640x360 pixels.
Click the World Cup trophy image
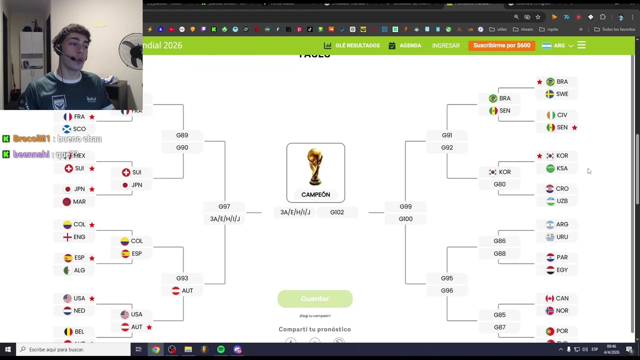pos(315,167)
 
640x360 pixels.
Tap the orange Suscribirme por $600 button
pos(501,45)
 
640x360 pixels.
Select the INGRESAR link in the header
pos(445,45)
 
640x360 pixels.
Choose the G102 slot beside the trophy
pos(337,212)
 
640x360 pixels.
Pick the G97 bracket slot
pos(224,206)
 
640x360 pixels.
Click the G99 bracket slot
pos(405,206)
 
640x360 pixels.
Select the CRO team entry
pos(557,188)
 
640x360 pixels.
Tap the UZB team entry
pos(557,201)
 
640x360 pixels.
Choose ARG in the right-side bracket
pos(557,224)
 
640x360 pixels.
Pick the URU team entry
pos(557,237)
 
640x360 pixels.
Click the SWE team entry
pos(557,94)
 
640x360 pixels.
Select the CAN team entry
pos(557,298)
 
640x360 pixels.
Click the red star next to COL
pos(92,225)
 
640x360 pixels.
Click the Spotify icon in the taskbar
pos(221,349)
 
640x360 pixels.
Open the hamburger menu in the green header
pos(581,45)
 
